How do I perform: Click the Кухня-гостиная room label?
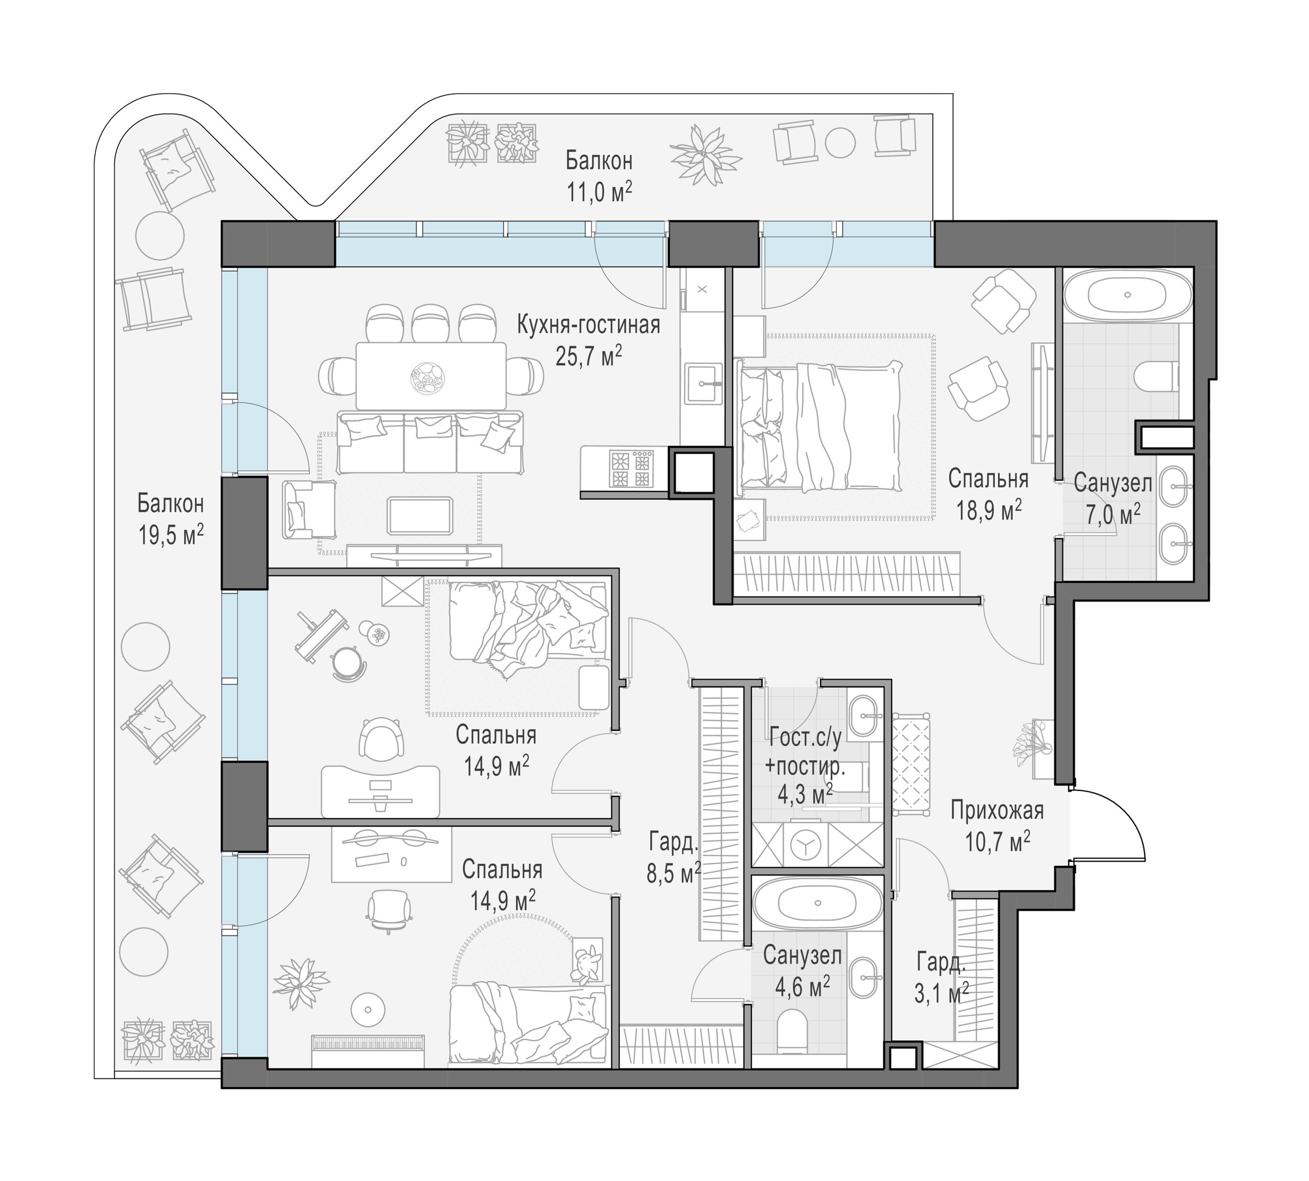pyautogui.click(x=588, y=325)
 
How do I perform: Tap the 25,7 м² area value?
pyautogui.click(x=589, y=355)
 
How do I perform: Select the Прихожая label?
pyautogui.click(x=997, y=810)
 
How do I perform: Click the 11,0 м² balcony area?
pyautogui.click(x=598, y=192)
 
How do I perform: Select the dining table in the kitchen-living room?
pyautogui.click(x=431, y=376)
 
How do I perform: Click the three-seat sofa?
pyautogui.click(x=430, y=442)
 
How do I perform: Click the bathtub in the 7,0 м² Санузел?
pyautogui.click(x=1127, y=295)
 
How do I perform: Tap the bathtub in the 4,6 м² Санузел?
pyautogui.click(x=818, y=903)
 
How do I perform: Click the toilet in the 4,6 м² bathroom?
pyautogui.click(x=791, y=1031)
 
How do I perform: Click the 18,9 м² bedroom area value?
pyautogui.click(x=989, y=510)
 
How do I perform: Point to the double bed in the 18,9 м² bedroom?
pyautogui.click(x=820, y=426)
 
